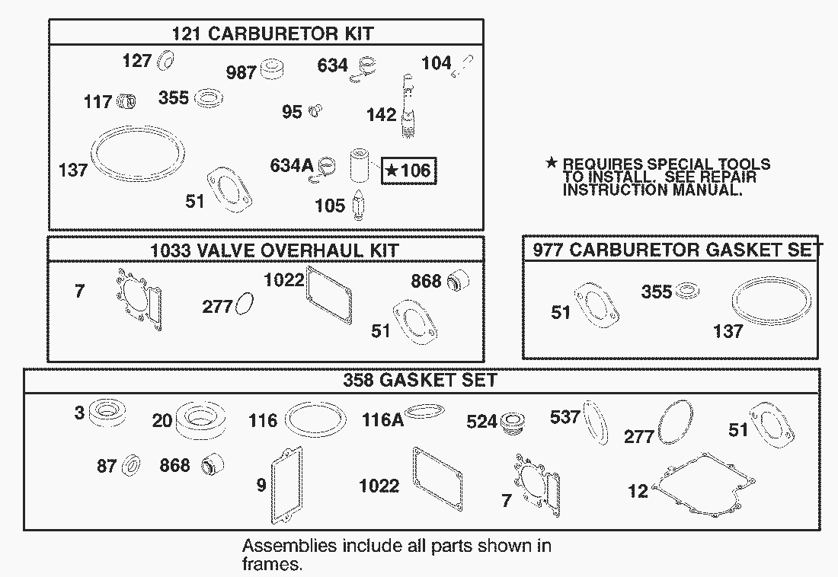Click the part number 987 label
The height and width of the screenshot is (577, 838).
pos(241,72)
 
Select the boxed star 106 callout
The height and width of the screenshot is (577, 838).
pos(409,171)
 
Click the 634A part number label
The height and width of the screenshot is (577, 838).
pos(291,166)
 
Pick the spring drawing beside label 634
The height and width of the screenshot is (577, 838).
pos(364,69)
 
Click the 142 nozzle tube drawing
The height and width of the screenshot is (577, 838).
pos(408,107)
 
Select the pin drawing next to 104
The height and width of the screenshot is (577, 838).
pos(462,66)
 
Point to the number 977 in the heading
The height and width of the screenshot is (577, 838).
pos(549,250)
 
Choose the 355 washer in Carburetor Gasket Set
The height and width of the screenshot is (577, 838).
pos(687,292)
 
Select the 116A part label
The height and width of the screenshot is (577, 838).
pos(382,420)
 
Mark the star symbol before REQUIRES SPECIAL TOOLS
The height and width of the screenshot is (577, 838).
pos(551,162)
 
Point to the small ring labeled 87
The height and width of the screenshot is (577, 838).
pos(131,465)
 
